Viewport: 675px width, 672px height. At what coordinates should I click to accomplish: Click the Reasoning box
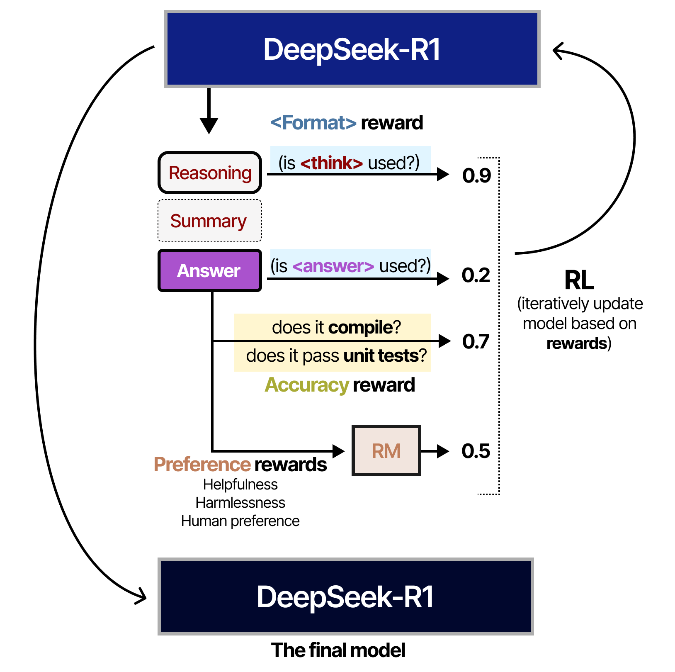(210, 173)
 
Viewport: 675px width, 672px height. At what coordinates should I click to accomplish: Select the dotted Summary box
(209, 221)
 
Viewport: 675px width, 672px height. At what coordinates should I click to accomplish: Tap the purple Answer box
(209, 270)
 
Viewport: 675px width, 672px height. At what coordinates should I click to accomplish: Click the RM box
(386, 450)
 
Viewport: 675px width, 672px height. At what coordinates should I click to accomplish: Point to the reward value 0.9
(476, 175)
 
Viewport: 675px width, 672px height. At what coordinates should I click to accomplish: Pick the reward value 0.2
(476, 275)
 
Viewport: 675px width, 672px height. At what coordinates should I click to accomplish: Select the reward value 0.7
(476, 342)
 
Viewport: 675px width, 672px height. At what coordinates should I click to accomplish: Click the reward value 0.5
(476, 451)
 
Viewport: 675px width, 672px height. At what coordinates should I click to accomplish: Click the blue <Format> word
(313, 123)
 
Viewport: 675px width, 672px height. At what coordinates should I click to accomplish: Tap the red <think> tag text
(332, 163)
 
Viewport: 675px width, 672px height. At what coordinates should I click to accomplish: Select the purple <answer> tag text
(333, 266)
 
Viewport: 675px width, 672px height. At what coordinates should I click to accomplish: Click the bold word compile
(360, 328)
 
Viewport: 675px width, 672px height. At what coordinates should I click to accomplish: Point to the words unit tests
(381, 356)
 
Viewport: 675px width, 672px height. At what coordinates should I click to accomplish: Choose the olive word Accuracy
(307, 385)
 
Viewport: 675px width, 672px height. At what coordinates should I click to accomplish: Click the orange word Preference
(202, 465)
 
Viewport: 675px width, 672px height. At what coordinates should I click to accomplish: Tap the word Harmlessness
(240, 503)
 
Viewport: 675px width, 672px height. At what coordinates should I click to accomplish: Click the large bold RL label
(579, 280)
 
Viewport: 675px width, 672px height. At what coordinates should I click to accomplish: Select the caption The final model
(338, 650)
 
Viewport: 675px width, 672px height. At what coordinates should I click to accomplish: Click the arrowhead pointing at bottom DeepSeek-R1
(142, 597)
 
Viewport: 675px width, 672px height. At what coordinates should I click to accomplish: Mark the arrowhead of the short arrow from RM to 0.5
(443, 451)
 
